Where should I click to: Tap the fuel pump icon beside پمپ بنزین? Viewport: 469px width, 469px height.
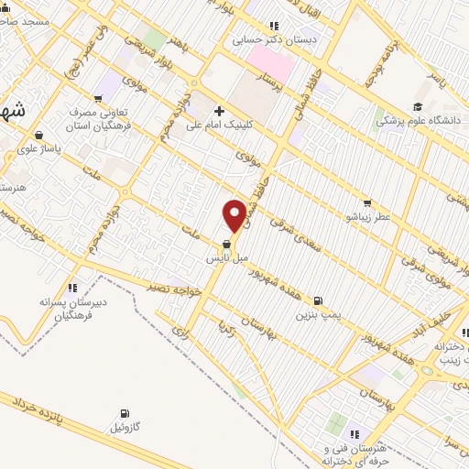[318, 300]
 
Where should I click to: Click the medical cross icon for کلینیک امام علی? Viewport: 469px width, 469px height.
[219, 110]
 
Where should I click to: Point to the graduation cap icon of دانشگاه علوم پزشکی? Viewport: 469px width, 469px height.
[418, 106]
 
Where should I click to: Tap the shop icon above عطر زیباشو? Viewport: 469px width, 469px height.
[366, 202]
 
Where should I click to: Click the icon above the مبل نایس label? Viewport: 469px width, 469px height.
[226, 244]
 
